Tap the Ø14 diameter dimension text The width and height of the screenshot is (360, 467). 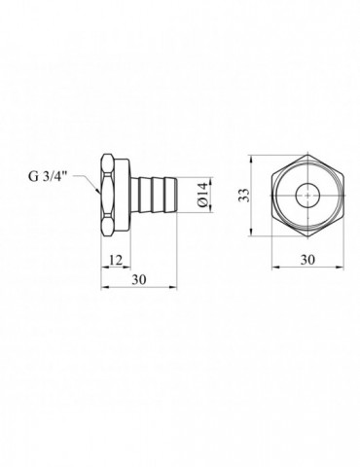click(x=202, y=195)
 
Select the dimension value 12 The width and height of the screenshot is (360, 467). click(x=116, y=260)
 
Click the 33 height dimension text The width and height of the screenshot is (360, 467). click(x=244, y=196)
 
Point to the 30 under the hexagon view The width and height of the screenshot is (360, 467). click(x=307, y=260)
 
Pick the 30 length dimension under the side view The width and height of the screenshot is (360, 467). click(x=139, y=279)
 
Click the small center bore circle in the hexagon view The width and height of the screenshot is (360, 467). click(x=307, y=196)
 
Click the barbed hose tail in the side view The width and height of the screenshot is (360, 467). click(x=154, y=195)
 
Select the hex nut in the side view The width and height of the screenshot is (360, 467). click(x=108, y=196)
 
